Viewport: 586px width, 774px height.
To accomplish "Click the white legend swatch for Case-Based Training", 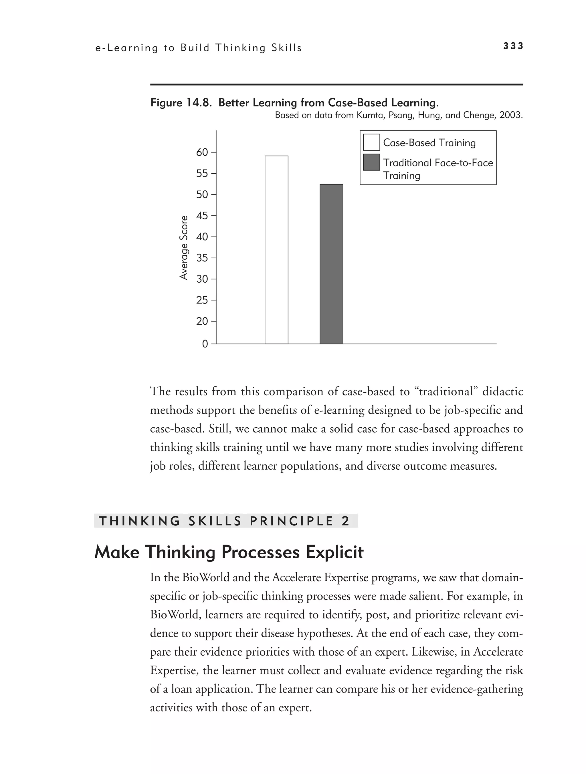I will [371, 142].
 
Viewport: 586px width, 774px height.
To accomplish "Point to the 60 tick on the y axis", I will [202, 152].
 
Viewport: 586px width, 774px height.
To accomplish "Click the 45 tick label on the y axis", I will [202, 216].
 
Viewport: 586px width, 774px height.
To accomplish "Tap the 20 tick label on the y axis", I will [202, 321].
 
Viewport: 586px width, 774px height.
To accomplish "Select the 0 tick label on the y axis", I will [205, 344].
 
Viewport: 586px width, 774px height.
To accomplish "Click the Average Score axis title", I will [184, 248].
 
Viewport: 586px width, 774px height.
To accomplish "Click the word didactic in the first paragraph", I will [503, 391].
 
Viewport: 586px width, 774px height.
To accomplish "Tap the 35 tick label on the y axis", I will [202, 258].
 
